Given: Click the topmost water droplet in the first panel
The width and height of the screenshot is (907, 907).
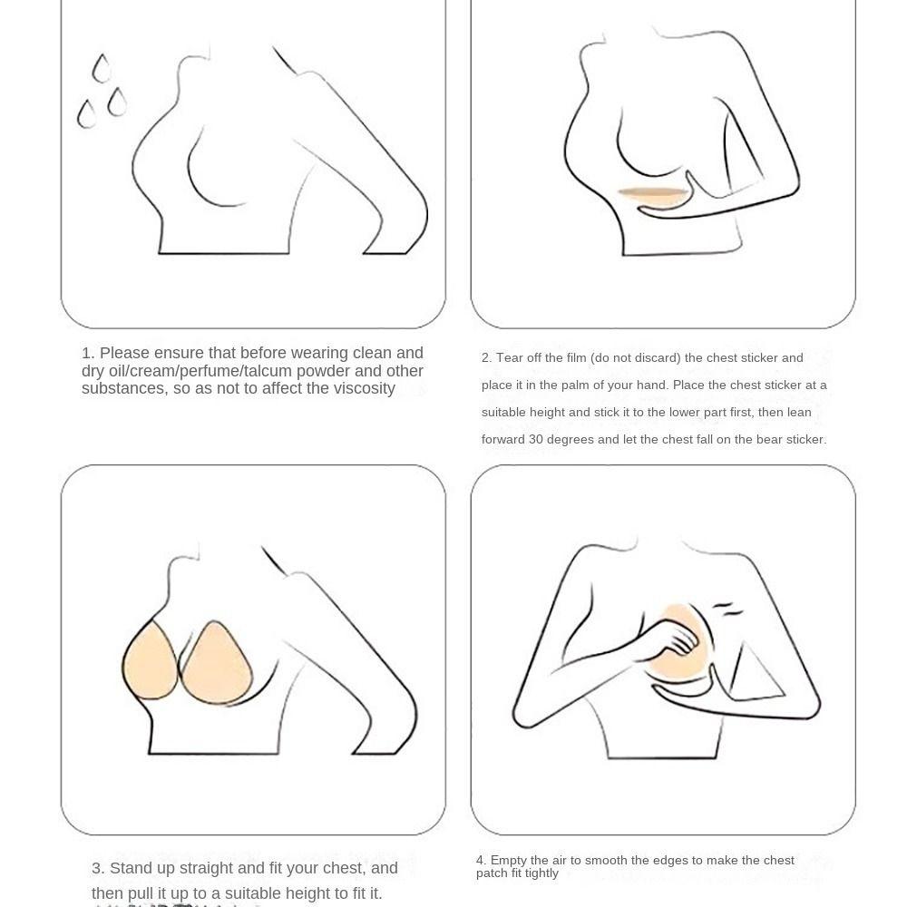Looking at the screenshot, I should coord(102,69).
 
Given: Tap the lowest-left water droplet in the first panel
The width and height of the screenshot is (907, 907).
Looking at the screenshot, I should coord(87,114).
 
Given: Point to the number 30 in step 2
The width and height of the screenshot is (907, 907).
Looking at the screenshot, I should coord(536,440).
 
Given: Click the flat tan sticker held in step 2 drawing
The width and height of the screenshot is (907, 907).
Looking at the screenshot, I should coord(650,193).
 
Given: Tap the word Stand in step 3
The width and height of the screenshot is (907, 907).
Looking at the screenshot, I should coord(132,869).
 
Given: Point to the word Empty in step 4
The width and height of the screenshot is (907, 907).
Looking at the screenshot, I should coord(508,861).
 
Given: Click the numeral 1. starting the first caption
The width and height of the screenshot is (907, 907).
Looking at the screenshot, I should coord(88,354).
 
